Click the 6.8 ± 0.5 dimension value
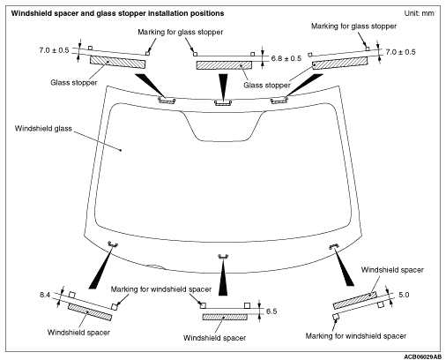(x=286, y=58)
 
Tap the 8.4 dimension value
(x=45, y=295)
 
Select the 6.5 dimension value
(x=271, y=311)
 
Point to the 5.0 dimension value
(x=404, y=295)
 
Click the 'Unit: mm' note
(x=419, y=13)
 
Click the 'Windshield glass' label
(x=43, y=129)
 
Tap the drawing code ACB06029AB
(x=422, y=356)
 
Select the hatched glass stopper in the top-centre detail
(x=224, y=65)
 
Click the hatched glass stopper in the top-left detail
(x=117, y=62)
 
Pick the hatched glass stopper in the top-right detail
(x=339, y=63)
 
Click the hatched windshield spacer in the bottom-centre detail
(x=225, y=317)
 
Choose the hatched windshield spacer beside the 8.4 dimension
(x=90, y=311)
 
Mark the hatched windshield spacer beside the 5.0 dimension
(x=355, y=300)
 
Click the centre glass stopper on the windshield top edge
(x=223, y=102)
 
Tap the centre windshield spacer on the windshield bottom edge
(x=223, y=257)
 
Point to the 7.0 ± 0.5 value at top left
(x=54, y=50)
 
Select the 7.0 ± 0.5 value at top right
(x=400, y=52)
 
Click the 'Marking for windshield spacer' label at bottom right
(x=356, y=336)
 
